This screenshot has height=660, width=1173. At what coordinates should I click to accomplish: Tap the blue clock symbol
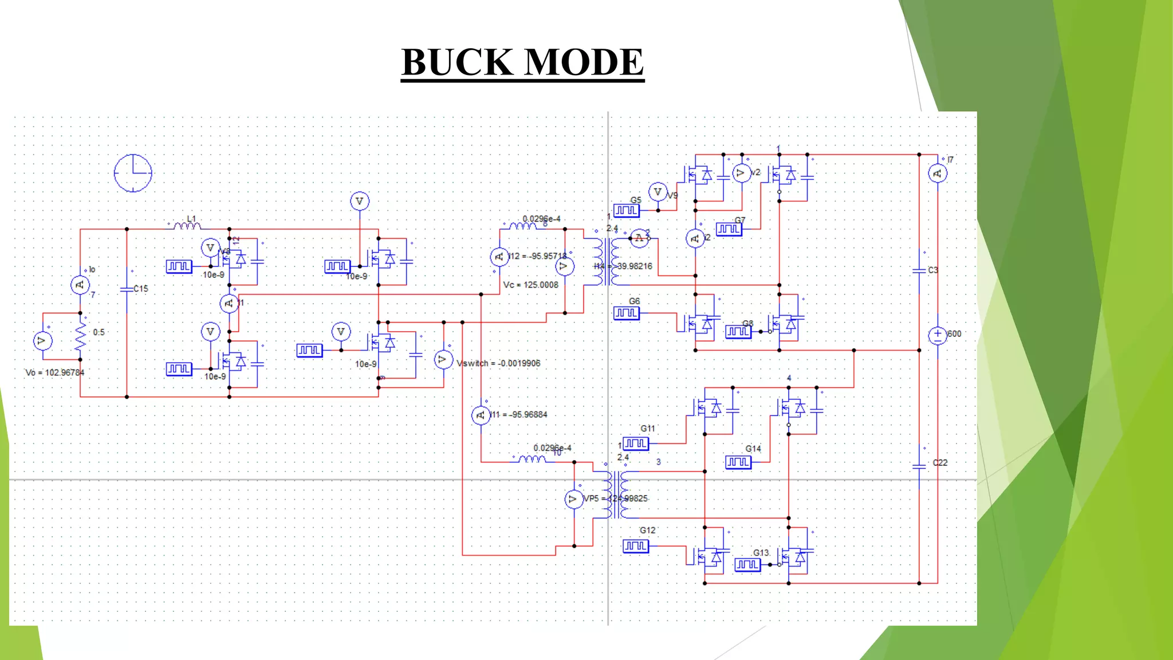pos(133,172)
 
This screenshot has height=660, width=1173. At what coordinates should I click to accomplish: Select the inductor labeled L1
pos(187,226)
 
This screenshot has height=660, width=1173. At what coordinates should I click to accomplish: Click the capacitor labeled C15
pos(127,289)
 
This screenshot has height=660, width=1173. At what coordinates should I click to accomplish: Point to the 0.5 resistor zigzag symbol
pos(80,337)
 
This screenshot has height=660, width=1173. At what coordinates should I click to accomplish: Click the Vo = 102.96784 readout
pos(55,372)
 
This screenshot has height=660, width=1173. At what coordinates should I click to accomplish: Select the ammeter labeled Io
pos(80,285)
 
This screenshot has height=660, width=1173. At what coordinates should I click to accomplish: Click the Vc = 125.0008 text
pos(530,285)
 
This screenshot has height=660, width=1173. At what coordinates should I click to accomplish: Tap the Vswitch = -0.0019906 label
pos(498,363)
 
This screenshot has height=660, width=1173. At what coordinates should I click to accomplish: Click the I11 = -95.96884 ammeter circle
pos(481,415)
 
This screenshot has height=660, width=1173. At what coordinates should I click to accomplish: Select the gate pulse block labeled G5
pos(626,210)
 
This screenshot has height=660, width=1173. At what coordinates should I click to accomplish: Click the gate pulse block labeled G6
pos(626,313)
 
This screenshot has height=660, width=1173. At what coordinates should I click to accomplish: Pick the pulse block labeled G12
pos(635,546)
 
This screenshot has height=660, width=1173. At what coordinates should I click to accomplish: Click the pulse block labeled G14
pos(738,462)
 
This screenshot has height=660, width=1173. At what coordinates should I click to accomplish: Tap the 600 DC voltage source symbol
pos(937,335)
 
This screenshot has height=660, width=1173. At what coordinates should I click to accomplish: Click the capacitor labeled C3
pos(919,270)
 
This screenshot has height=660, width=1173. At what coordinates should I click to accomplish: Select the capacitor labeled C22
pos(919,466)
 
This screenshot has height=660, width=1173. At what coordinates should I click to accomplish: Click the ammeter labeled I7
pos(937,173)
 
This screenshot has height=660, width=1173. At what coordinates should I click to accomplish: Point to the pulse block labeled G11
pos(635,443)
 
